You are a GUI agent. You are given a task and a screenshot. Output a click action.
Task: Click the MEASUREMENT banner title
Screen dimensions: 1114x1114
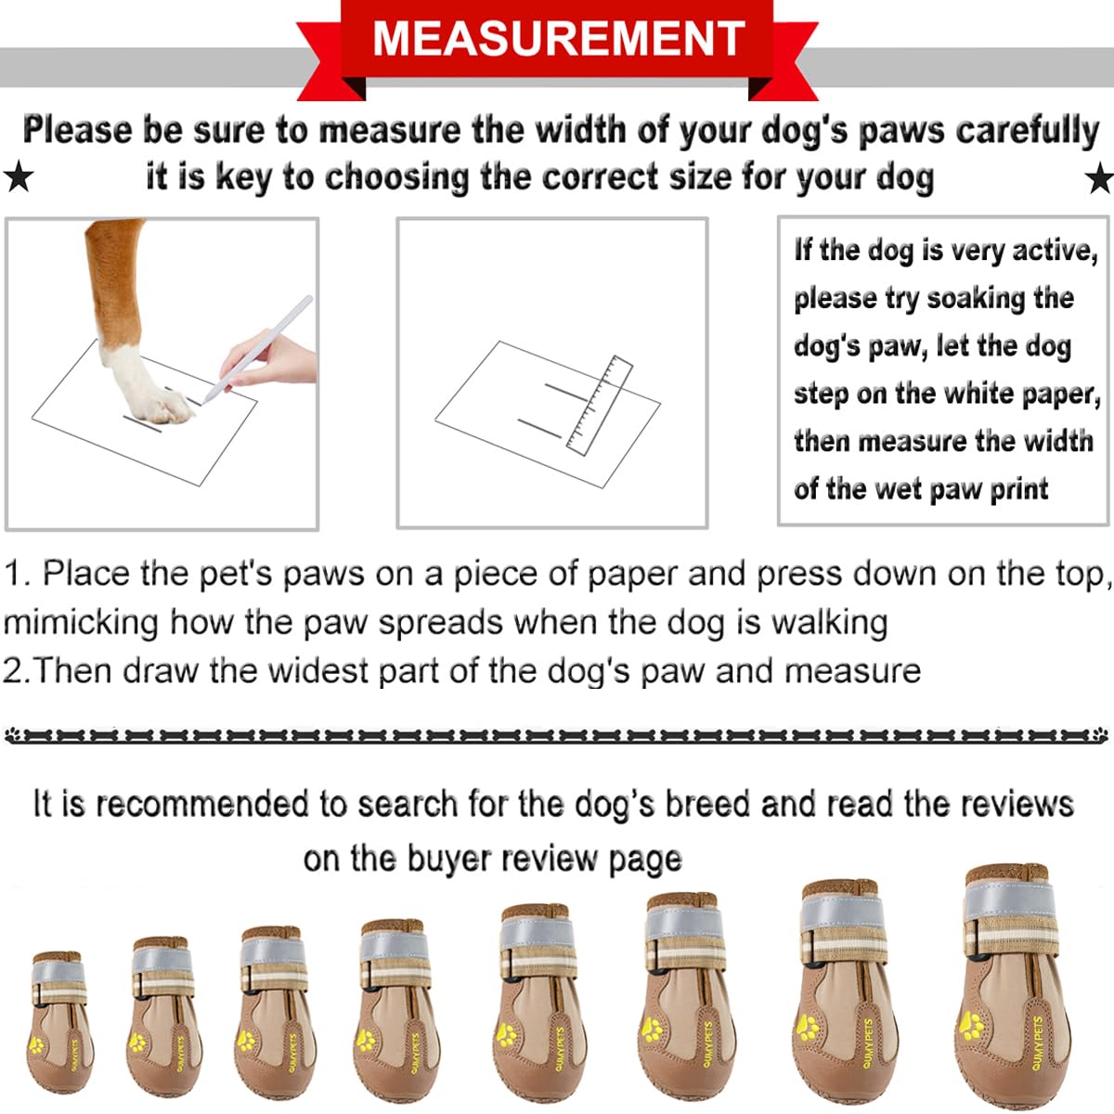click(558, 38)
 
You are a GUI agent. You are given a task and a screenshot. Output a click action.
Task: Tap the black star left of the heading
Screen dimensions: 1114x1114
click(18, 175)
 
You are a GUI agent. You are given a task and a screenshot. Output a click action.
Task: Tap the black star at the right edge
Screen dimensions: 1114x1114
click(1099, 176)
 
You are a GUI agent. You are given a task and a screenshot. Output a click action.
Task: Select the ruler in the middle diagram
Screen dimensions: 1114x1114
click(599, 406)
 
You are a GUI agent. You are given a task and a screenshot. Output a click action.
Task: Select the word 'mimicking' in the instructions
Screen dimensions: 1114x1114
click(82, 621)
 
